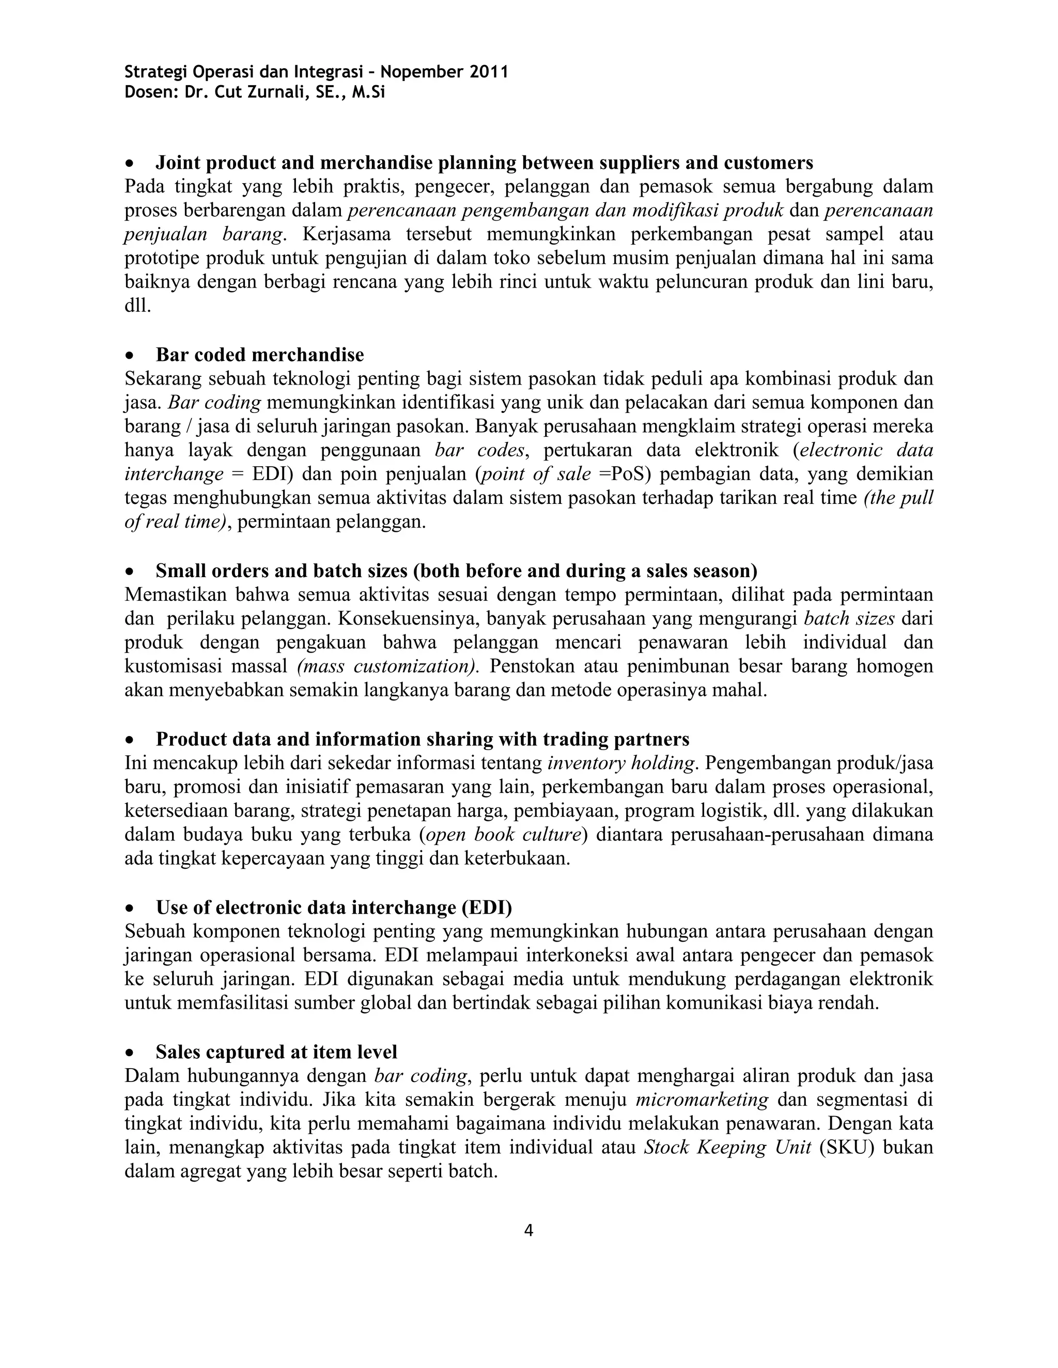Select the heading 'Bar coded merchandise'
coord(259,355)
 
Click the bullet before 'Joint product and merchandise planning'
coord(129,164)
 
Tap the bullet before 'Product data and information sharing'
coord(129,740)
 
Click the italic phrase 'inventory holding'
coord(621,763)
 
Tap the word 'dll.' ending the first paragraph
coord(138,306)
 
